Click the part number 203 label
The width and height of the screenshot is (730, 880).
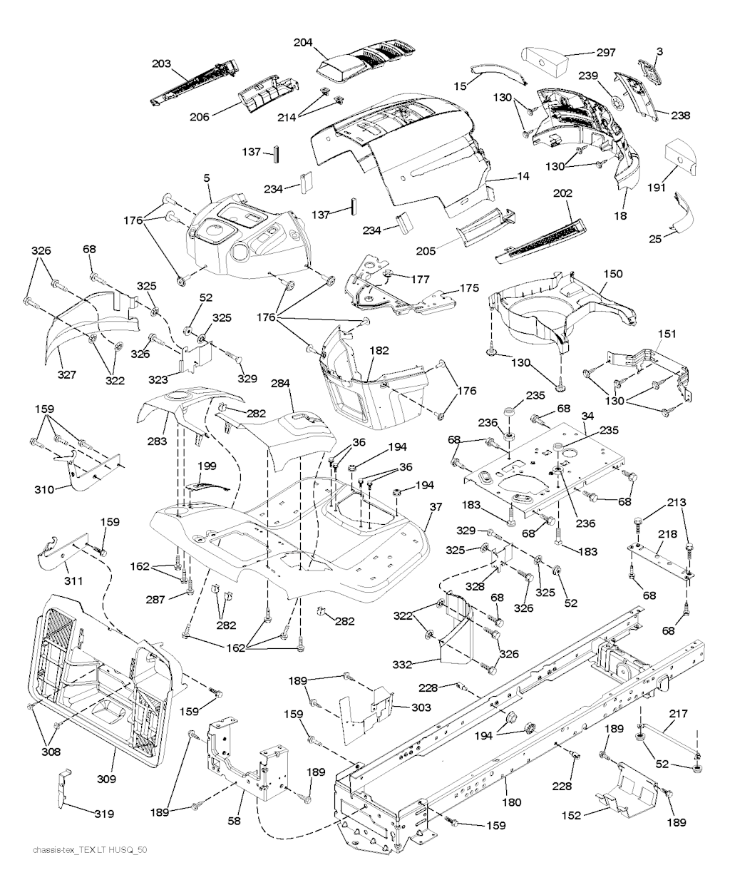click(x=162, y=64)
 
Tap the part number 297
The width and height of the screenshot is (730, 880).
click(x=606, y=53)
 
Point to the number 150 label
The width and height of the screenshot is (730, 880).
click(x=612, y=274)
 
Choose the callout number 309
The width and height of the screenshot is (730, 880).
click(x=106, y=779)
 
